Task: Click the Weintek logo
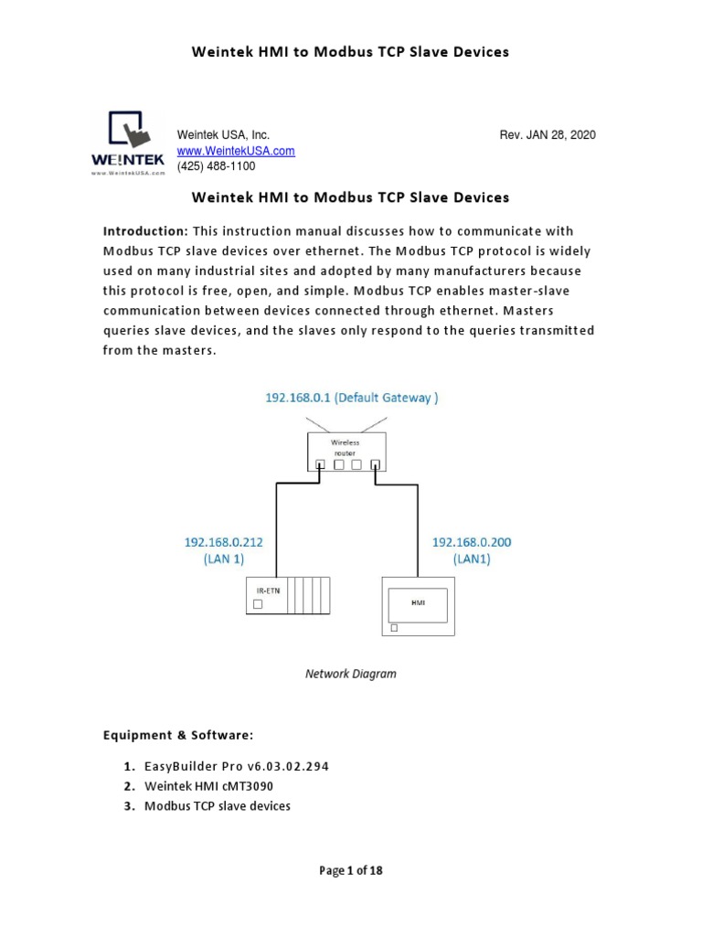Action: coord(127,142)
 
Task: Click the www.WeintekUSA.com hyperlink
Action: coord(235,151)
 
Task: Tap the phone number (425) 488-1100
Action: coord(216,166)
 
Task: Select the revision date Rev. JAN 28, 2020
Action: coord(547,135)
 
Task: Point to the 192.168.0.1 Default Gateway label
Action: coord(345,399)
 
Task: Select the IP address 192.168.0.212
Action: coord(224,542)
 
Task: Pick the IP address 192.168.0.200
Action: coord(472,542)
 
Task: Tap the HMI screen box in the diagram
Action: coord(419,604)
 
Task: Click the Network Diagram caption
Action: coord(350,674)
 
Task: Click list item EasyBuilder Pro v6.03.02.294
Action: coord(236,766)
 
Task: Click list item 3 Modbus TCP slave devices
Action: coord(217,806)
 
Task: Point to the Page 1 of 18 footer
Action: coord(350,870)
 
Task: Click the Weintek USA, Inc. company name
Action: coord(222,135)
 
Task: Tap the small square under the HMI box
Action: coord(394,628)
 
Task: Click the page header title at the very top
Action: coord(350,52)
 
